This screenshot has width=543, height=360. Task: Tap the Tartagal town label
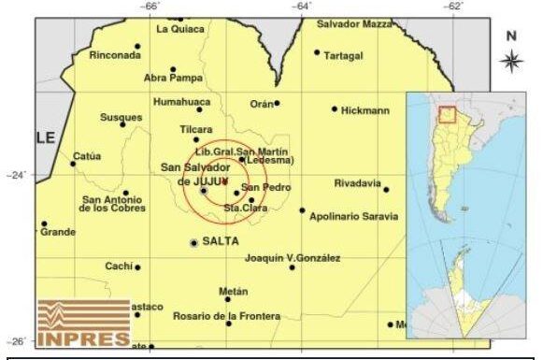click(343, 55)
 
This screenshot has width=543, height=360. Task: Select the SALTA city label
click(221, 241)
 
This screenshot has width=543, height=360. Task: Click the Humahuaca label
click(178, 101)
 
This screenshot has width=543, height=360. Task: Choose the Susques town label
click(121, 117)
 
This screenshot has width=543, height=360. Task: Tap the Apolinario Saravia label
click(355, 216)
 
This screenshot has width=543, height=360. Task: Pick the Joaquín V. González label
click(293, 258)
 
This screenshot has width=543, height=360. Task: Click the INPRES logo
click(84, 323)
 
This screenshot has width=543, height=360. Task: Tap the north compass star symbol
click(511, 62)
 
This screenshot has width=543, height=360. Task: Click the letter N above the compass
click(511, 36)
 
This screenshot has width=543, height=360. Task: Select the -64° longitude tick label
click(302, 7)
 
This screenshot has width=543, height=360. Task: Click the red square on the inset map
click(448, 115)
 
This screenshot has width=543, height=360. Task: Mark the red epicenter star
click(225, 180)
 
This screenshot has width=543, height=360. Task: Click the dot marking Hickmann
click(335, 108)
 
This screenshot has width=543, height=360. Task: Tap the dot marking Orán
click(277, 103)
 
